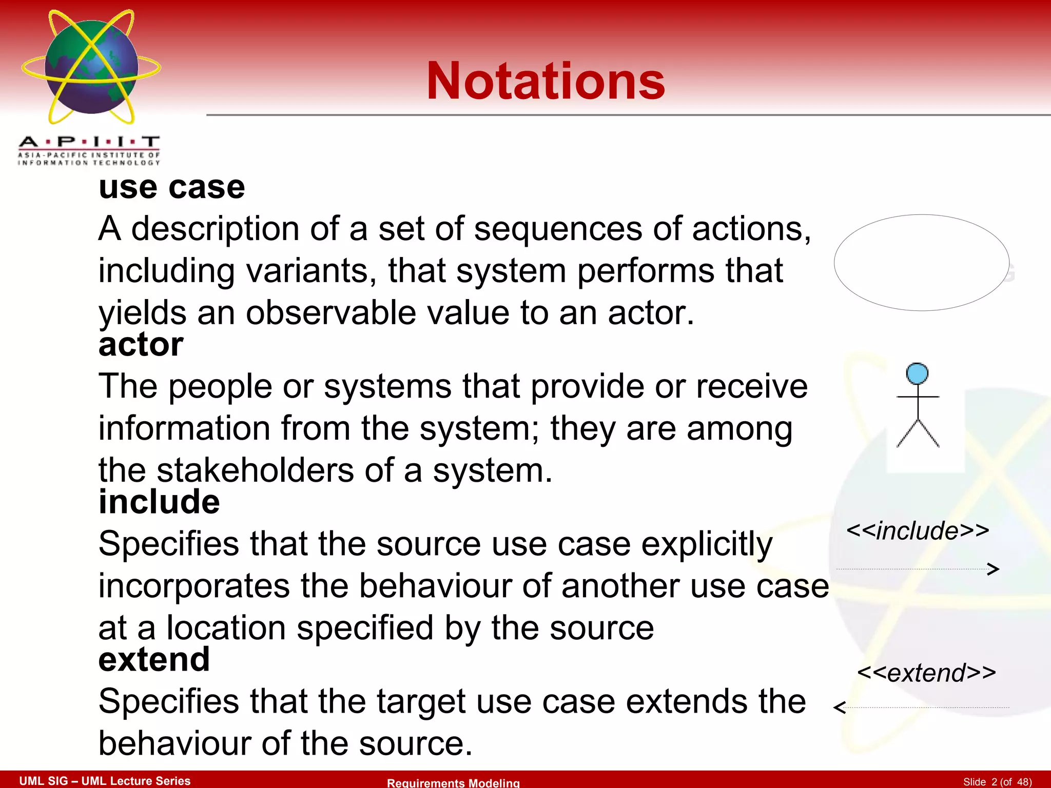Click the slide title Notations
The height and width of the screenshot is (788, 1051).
546,81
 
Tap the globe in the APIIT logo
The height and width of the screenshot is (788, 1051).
91,67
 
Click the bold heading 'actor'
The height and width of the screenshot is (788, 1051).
141,344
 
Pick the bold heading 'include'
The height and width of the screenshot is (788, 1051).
159,502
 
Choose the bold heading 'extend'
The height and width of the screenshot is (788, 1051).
154,659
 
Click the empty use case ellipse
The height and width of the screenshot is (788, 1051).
921,263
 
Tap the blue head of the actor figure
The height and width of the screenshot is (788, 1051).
917,373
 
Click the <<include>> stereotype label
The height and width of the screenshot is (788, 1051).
918,530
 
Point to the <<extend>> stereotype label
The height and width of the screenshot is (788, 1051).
926,673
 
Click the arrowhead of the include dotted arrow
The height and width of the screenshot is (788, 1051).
994,569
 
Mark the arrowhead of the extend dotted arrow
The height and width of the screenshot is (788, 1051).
840,708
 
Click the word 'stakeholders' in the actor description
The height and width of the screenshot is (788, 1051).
255,470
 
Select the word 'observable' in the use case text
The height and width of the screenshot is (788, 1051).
331,313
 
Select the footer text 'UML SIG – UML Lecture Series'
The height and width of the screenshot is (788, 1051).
105,781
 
